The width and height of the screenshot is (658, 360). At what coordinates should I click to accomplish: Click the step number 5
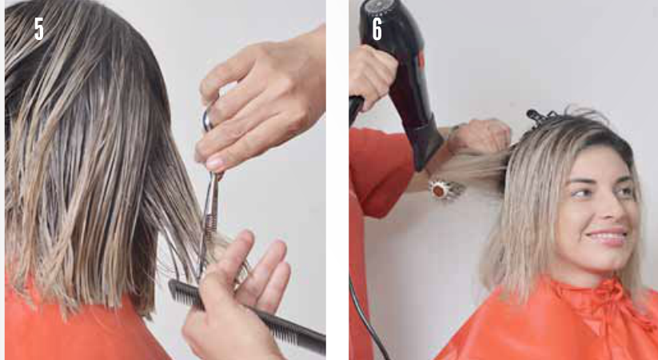tap(38, 29)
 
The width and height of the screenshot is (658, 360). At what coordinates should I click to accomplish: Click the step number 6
tap(377, 29)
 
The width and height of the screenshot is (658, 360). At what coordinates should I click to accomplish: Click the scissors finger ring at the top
tap(207, 120)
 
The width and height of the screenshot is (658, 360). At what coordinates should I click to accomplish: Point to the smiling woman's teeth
tap(607, 235)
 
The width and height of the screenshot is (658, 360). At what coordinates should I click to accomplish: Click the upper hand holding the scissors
tap(262, 98)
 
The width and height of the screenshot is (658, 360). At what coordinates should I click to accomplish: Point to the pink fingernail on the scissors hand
tap(215, 163)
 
